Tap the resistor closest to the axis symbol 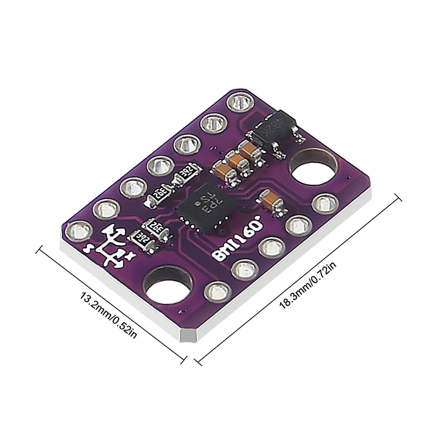pos(144,238)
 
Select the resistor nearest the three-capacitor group pos(185,173)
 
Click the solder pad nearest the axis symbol pos(79,231)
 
